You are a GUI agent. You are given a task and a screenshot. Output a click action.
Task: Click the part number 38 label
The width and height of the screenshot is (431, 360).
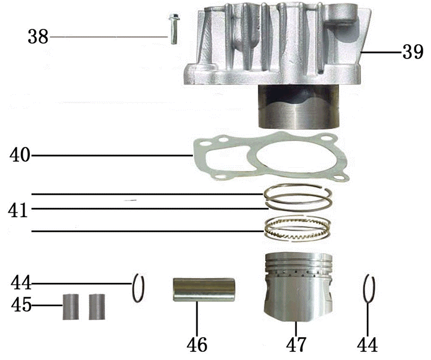(38, 37)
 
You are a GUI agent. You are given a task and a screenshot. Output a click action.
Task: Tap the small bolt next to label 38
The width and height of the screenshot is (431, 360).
(172, 28)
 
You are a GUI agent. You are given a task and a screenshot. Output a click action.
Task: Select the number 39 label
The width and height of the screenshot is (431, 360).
(412, 53)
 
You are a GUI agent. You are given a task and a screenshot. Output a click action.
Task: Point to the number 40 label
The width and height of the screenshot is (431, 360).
(20, 156)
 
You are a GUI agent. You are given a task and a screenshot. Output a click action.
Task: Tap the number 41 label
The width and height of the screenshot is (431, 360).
(19, 210)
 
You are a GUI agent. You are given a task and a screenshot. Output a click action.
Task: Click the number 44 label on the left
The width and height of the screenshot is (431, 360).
(21, 282)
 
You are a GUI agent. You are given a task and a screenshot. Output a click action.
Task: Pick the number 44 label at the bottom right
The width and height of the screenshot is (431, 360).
(367, 344)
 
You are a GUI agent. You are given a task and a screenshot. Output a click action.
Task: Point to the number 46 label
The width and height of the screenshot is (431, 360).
(197, 344)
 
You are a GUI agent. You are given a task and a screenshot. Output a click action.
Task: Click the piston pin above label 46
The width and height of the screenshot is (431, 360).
(204, 290)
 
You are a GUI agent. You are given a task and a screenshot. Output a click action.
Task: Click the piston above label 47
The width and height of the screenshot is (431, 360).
(297, 287)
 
